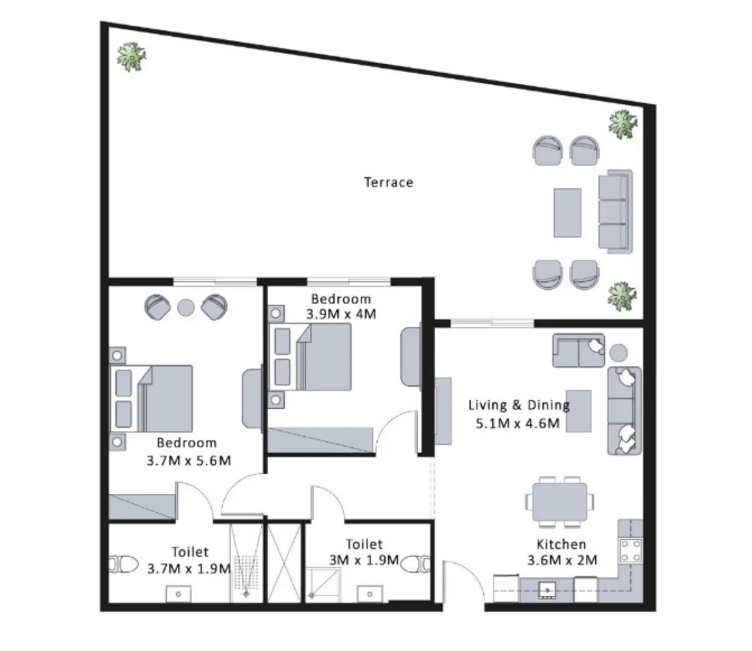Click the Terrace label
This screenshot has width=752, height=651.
(388, 182)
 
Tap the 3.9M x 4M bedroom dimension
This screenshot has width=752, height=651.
(341, 314)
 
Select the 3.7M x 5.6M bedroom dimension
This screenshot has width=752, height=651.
(188, 460)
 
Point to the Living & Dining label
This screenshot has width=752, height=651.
(519, 405)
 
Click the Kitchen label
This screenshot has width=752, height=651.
(561, 544)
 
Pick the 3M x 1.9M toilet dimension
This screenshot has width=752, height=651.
(364, 559)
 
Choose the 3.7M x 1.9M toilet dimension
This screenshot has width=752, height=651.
(188, 568)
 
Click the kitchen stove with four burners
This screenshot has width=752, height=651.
(629, 550)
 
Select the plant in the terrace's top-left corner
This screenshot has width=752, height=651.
(131, 57)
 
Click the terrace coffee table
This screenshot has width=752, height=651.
(567, 212)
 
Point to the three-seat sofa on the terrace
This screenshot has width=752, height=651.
(614, 211)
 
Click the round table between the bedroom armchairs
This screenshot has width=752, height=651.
(186, 307)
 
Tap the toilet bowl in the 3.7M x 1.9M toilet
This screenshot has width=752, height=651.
(123, 564)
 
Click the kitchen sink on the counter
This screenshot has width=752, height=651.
(545, 589)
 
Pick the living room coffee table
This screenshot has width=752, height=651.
(579, 411)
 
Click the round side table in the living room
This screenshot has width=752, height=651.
(618, 353)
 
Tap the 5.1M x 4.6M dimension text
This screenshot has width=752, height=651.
(518, 423)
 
